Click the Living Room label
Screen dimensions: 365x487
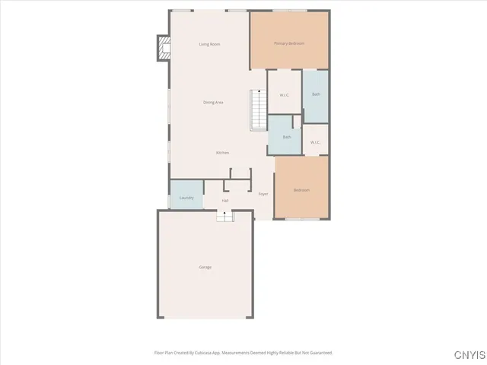click(x=209, y=44)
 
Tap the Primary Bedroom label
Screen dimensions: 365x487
click(x=289, y=43)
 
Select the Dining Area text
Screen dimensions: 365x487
click(x=213, y=102)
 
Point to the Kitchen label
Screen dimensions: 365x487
click(x=222, y=153)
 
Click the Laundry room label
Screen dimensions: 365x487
click(x=186, y=198)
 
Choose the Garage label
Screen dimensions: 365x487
click(x=205, y=267)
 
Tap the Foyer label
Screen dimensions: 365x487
click(x=263, y=194)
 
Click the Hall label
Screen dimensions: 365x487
click(x=225, y=200)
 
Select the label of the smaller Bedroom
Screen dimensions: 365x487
click(x=301, y=190)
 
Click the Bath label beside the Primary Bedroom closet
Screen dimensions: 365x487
click(x=316, y=94)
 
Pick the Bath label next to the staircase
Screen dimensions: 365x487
click(x=287, y=137)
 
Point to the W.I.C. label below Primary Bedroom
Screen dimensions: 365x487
click(x=284, y=95)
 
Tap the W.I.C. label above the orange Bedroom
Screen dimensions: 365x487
click(x=315, y=142)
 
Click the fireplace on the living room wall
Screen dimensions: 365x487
click(x=163, y=49)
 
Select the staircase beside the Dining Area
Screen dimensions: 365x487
click(x=258, y=109)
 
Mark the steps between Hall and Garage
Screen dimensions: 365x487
click(x=224, y=217)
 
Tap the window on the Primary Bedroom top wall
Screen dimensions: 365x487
click(x=289, y=11)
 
